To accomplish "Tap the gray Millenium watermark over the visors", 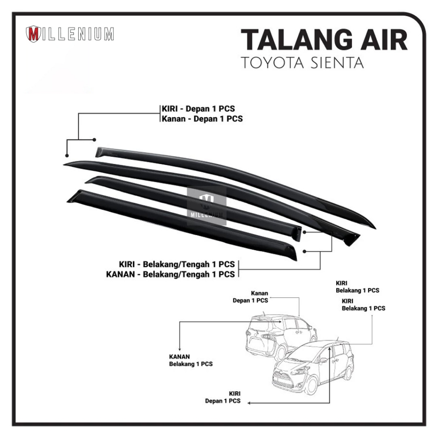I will point(207,206).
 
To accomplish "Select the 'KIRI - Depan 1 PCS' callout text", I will point(198,109).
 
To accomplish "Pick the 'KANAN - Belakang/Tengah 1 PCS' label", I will point(170,274).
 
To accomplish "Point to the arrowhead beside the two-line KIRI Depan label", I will point(250,402).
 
